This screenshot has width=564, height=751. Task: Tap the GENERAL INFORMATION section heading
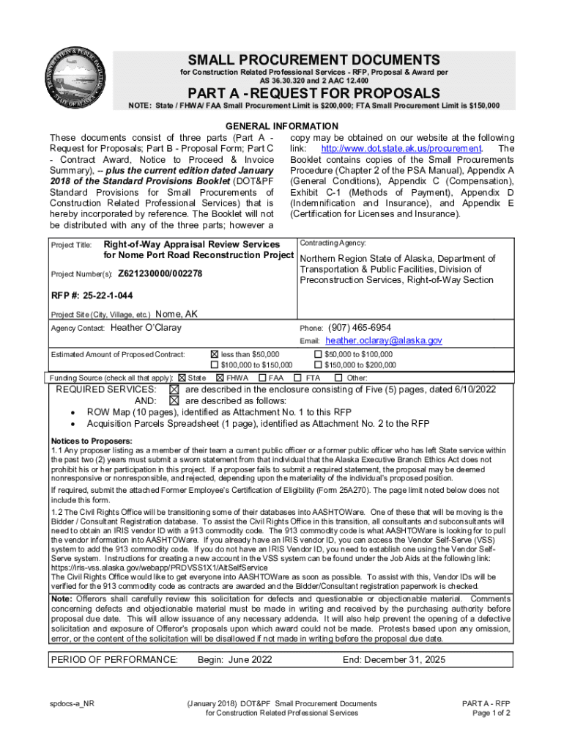[281, 126]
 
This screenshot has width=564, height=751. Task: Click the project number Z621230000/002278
[160, 274]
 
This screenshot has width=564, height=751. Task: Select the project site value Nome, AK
[177, 314]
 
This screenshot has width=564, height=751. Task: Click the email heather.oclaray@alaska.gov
[384, 341]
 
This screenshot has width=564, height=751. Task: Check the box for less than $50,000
[215, 354]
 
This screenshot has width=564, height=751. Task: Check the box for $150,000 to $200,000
[317, 364]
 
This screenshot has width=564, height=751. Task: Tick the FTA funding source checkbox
[298, 378]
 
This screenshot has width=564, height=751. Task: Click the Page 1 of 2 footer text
[491, 714]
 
